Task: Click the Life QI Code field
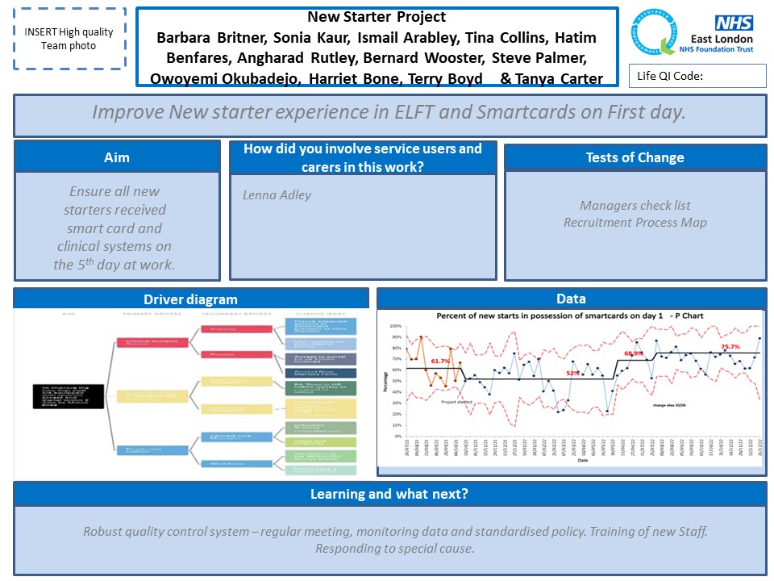697,76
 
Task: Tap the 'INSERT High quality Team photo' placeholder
69,39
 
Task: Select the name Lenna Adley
277,195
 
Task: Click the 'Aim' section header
117,157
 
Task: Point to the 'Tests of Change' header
635,157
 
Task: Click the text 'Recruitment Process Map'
635,222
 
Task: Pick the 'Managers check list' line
635,206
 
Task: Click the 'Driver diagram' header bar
191,299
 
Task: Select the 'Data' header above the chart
571,299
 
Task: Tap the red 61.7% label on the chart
440,362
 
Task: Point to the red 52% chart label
572,374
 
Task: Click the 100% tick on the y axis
396,327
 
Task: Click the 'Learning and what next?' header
389,494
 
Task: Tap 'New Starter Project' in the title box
377,17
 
